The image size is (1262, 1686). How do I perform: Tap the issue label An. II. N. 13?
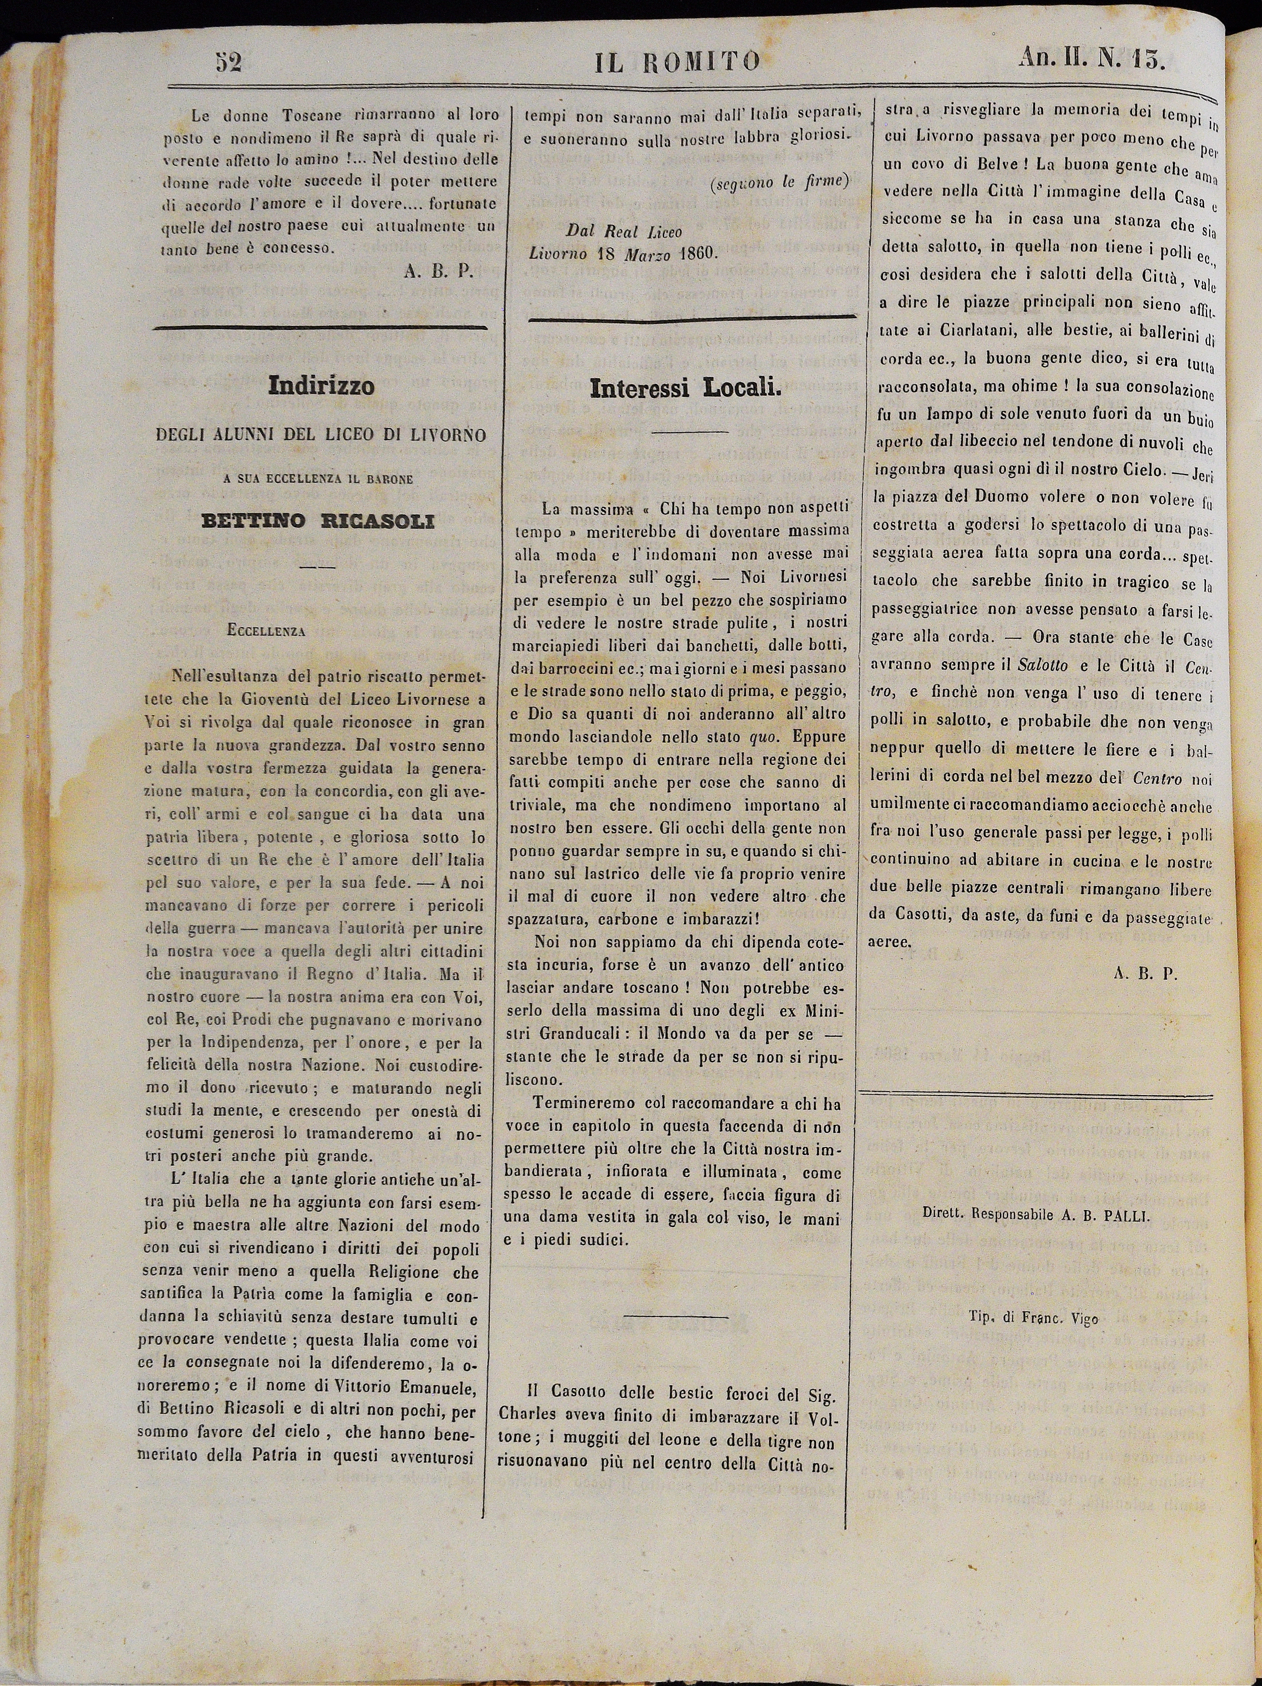(x=1091, y=59)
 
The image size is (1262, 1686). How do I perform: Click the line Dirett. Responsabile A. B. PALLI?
(x=1035, y=1216)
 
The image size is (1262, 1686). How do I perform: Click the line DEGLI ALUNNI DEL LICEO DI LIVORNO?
(x=320, y=435)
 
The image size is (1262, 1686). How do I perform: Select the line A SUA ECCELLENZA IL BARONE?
(x=319, y=480)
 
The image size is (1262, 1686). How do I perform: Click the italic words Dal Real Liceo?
(x=624, y=230)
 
